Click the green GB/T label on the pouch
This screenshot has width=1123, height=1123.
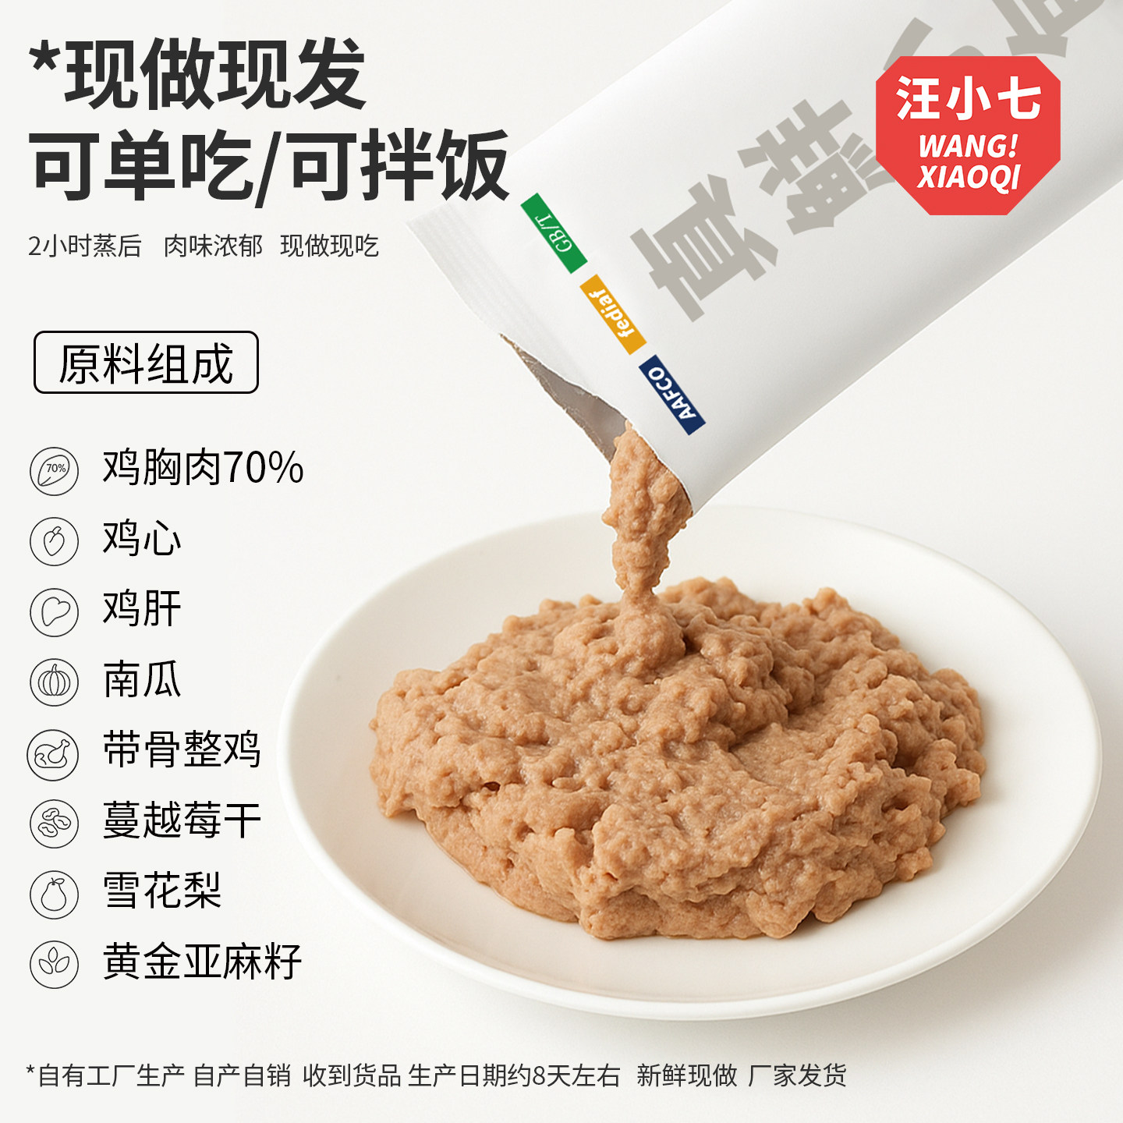click(553, 232)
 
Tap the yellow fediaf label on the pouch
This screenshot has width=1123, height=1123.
click(612, 314)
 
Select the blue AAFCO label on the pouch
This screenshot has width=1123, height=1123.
click(671, 394)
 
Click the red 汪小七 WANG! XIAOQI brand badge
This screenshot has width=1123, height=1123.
click(968, 135)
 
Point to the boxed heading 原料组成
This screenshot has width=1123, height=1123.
click(146, 363)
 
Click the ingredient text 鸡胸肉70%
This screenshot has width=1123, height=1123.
click(203, 468)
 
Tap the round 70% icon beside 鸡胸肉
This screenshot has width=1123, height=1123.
click(54, 470)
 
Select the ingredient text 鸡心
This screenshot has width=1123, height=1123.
click(142, 539)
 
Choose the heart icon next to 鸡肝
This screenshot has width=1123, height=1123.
click(54, 611)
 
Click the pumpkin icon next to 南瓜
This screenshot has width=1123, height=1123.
click(54, 682)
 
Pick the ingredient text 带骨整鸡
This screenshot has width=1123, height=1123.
click(182, 749)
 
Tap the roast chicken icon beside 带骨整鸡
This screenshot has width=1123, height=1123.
click(53, 754)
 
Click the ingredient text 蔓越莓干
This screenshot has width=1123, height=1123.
click(182, 820)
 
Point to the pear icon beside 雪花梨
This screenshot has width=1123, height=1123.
click(54, 894)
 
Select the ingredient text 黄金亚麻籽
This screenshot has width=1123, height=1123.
click(202, 962)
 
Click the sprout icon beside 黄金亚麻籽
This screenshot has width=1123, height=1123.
click(54, 964)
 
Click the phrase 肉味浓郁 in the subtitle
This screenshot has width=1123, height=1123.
click(213, 246)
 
